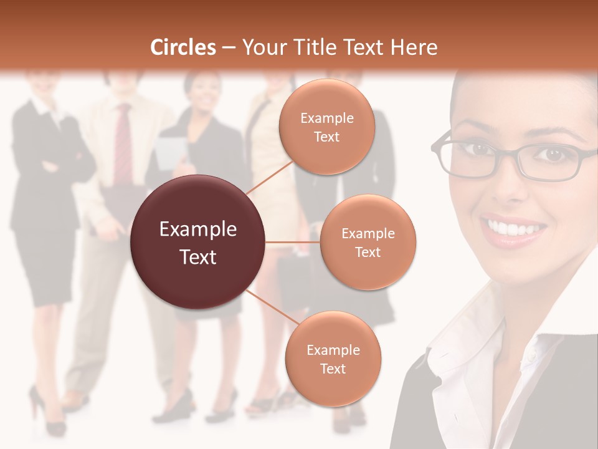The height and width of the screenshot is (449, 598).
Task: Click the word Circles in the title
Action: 183,47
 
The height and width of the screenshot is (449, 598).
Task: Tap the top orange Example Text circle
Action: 327,127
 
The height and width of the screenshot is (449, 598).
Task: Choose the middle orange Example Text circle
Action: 368,242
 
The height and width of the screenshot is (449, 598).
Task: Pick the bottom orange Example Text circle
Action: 333,359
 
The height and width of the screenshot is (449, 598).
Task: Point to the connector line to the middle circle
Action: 293,242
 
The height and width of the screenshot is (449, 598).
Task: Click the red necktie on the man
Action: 123,143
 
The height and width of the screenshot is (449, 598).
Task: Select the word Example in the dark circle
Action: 198,229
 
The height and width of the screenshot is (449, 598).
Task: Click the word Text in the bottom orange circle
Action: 333,369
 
